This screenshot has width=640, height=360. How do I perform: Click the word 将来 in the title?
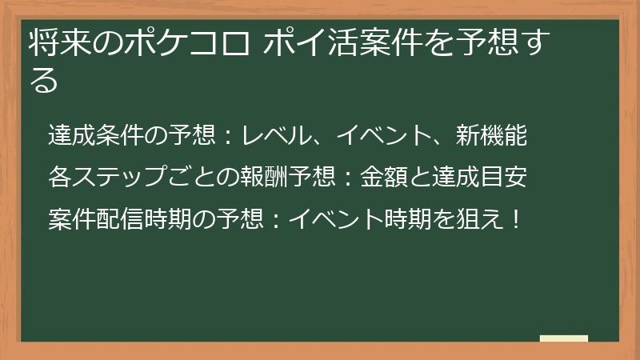(56, 43)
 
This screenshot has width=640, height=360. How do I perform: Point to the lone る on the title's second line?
(45, 80)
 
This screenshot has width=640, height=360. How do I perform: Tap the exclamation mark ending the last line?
(514, 215)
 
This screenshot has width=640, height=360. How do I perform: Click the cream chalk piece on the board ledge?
(563, 338)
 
